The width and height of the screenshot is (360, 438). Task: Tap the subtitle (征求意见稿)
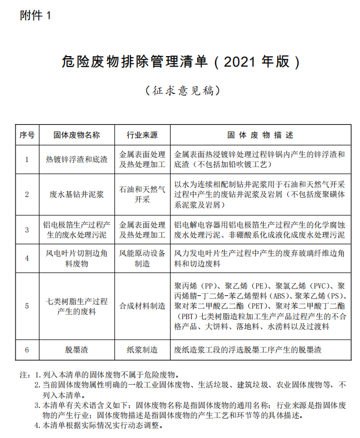[180, 90]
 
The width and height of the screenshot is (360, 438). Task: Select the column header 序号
[27, 135]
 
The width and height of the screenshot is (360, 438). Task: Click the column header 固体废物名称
[77, 135]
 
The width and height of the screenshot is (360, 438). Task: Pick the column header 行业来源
[142, 135]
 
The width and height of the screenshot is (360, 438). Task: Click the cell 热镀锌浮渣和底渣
[77, 159]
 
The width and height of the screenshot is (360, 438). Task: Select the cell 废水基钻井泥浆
[77, 194]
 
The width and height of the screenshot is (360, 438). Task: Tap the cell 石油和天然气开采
[142, 194]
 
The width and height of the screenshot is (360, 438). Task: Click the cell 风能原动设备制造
[142, 258]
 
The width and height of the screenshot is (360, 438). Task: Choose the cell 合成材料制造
[142, 305]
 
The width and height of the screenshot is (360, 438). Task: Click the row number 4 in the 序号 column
[27, 258]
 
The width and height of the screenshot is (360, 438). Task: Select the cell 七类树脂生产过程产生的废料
[77, 305]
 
